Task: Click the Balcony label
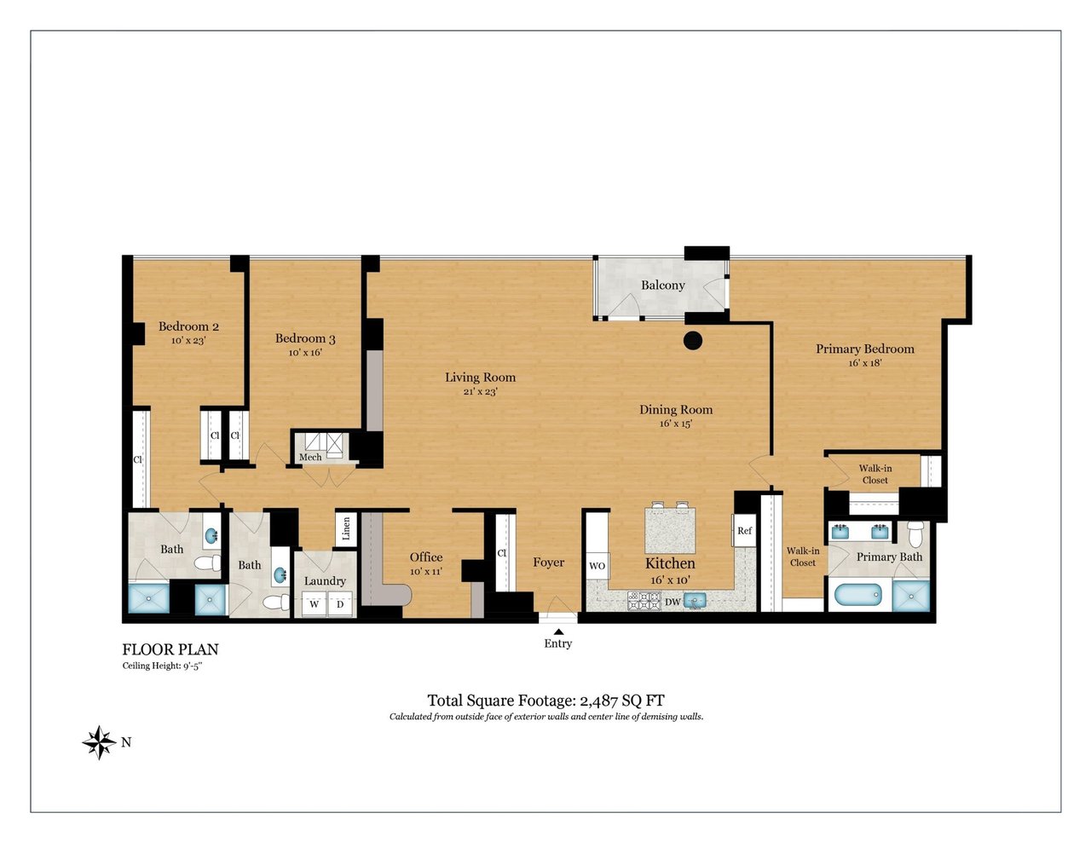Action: point(663,285)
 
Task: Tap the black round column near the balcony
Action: point(693,340)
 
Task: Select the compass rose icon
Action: point(100,742)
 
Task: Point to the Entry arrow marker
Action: point(558,631)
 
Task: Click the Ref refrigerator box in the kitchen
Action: point(744,531)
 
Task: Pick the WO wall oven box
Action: point(597,566)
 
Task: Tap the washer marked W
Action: point(315,604)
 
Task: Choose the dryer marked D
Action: point(340,604)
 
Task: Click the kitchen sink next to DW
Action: point(695,601)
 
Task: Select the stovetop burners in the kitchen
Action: point(644,601)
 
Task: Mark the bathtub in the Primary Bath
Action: point(858,596)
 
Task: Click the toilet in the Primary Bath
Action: point(915,533)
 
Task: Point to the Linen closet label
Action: point(346,529)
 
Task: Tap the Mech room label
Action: point(310,457)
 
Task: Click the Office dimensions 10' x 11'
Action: point(426,571)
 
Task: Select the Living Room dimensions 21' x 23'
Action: point(480,391)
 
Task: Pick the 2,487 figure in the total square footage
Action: point(599,701)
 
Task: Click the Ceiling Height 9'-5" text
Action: point(162,666)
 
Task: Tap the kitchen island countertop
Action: point(670,531)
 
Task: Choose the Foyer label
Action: point(548,562)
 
